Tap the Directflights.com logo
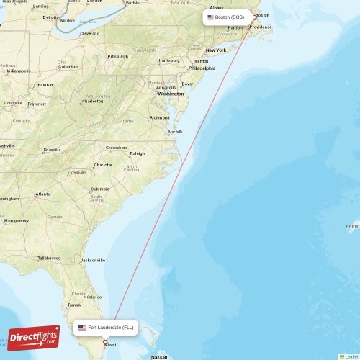33,337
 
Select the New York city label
215,50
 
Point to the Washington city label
171,94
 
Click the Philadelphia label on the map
202,68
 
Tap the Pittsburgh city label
117,56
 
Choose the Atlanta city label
43,194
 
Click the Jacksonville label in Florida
93,260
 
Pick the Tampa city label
73,305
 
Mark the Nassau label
158,356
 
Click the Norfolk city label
175,132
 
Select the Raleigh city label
137,153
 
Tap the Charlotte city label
103,165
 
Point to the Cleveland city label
90,33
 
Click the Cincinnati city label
43,85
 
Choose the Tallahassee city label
50,257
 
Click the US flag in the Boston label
210,17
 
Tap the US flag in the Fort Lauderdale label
82,328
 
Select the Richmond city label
160,117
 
